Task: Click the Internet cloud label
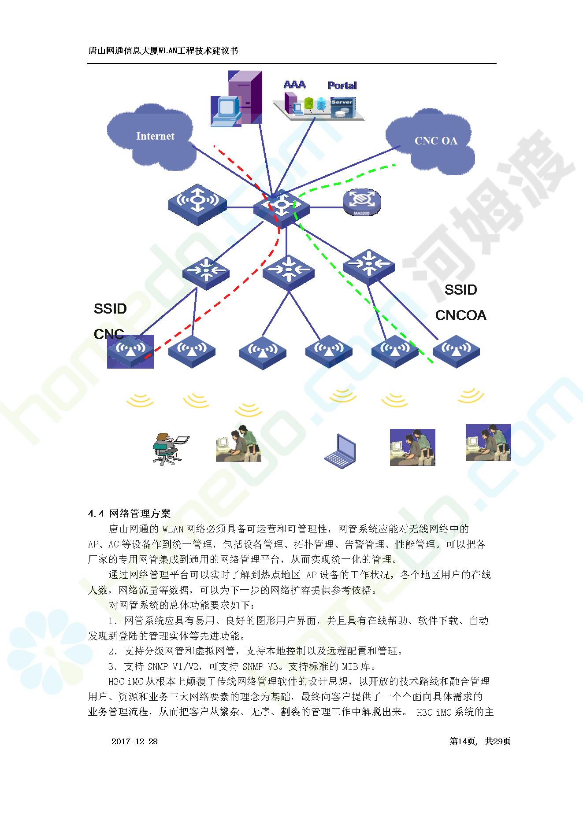(155, 136)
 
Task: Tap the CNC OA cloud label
(436, 141)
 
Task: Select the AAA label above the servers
(294, 85)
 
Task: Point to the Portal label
(342, 85)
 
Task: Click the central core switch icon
(281, 209)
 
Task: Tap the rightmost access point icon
(456, 351)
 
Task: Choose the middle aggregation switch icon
(288, 272)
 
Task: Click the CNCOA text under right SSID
(460, 315)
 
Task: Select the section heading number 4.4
(96, 514)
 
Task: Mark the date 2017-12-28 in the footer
(134, 741)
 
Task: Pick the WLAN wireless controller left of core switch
(197, 205)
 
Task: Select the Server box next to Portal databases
(342, 107)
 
